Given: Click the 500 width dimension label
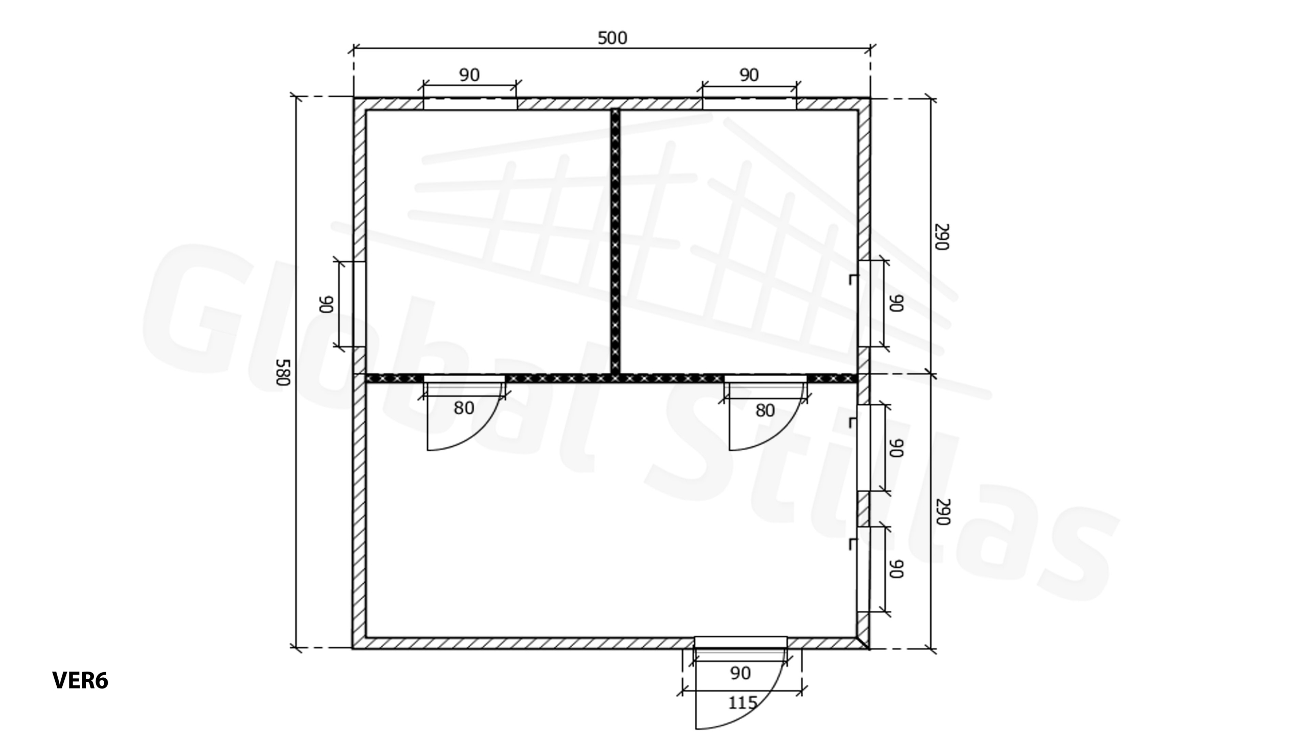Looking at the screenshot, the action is [612, 38].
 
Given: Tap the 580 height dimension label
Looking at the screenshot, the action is [283, 372].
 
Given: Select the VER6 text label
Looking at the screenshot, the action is [80, 681].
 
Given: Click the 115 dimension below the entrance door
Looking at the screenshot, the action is [742, 703].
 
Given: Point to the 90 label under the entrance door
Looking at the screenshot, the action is [741, 673].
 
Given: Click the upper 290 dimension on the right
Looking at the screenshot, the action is [942, 237].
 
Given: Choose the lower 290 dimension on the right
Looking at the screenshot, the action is [943, 512].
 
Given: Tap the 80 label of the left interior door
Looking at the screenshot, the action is [464, 408].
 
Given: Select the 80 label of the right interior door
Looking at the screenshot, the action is [765, 410].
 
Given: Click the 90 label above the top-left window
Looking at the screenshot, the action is [470, 75].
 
